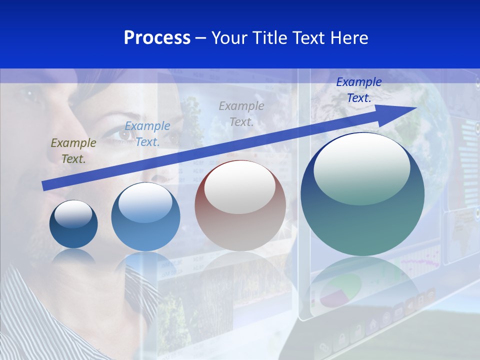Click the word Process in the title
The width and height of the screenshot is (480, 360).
[157, 38]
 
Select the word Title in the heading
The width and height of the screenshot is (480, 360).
[270, 38]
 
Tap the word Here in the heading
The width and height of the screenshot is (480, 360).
[349, 38]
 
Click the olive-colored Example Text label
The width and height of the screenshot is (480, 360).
[73, 151]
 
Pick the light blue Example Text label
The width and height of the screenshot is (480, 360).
[147, 134]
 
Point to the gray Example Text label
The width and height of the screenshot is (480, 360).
[241, 113]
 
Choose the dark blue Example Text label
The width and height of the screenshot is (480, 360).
[358, 90]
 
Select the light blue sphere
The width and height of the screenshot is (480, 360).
[145, 235]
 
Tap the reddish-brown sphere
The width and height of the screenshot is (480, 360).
[240, 230]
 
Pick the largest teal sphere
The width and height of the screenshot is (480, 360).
[362, 225]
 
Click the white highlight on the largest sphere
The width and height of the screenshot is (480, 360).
[361, 167]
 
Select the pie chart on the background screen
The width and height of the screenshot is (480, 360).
[340, 290]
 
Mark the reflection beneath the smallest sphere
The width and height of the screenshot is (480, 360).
[73, 256]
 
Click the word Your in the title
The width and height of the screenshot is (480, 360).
[230, 38]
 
